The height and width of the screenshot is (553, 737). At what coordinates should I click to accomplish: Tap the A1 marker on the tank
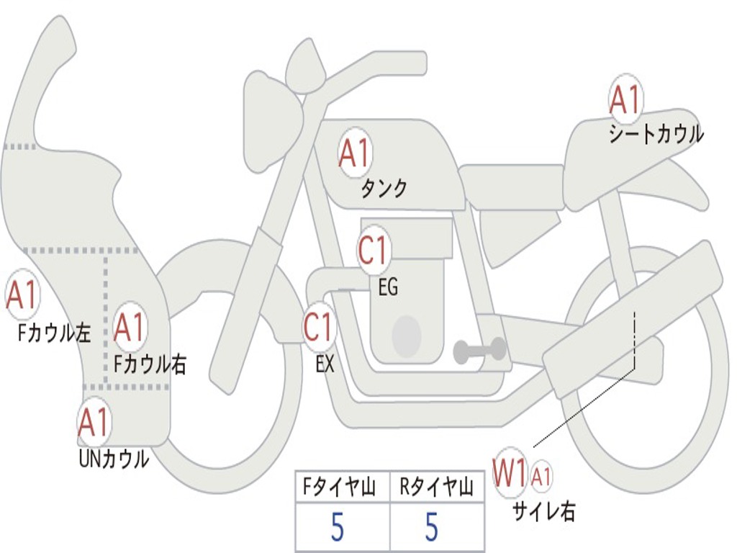355,152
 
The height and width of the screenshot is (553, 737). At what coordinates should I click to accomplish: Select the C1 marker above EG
374,250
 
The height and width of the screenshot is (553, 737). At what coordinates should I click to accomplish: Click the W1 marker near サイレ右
510,472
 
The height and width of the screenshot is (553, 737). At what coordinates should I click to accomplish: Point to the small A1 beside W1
541,477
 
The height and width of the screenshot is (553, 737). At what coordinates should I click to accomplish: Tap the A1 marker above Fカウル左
22,295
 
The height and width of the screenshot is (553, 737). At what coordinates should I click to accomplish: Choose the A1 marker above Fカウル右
130,327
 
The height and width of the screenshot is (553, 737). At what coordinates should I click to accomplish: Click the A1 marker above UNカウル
94,422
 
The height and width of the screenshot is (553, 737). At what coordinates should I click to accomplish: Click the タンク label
384,189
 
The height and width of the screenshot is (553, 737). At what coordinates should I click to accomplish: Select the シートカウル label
656,134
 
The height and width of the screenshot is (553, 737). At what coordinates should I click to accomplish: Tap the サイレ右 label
544,511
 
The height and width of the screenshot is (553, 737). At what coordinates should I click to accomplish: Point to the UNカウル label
114,459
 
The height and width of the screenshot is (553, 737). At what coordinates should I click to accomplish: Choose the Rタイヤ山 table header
437,487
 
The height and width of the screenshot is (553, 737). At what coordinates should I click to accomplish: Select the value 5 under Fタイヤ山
337,527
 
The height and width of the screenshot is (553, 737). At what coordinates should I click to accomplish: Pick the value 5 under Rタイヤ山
432,527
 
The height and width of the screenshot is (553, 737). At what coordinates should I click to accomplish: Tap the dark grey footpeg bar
479,350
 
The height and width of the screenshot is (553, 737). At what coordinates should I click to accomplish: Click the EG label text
388,287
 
